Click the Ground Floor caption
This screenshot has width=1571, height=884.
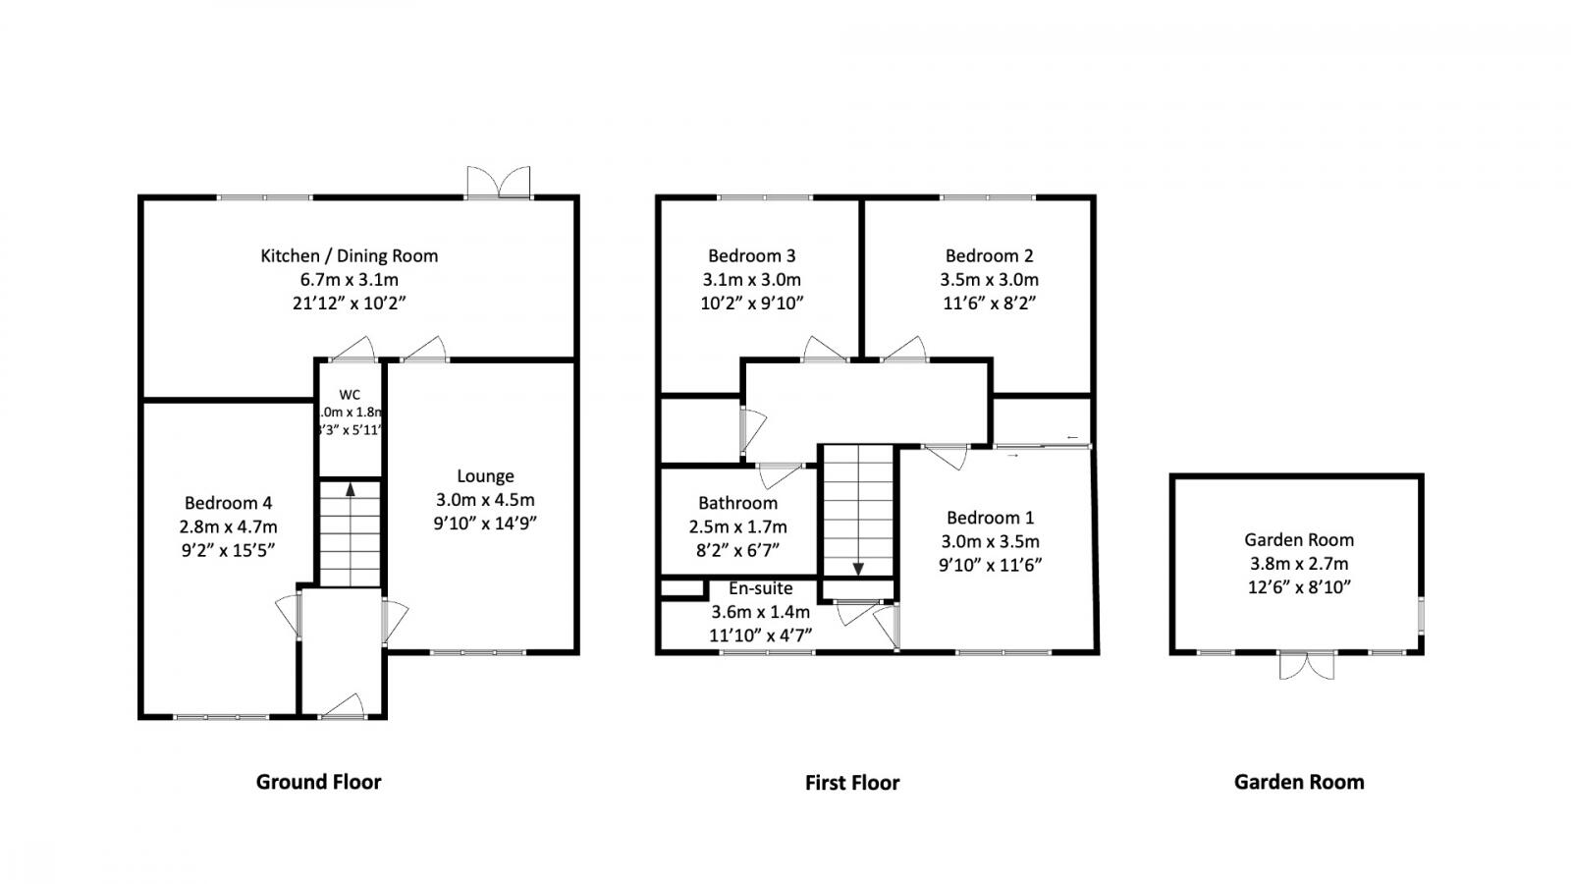coord(318,782)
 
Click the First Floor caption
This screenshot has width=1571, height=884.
coord(851,783)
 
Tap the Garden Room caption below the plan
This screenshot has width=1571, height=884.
coord(1298,782)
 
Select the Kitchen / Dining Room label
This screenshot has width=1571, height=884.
coord(349,255)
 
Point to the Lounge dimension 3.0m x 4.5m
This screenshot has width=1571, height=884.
coord(485,500)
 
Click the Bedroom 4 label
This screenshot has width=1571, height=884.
coord(227,503)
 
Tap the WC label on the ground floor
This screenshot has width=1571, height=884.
coord(350,395)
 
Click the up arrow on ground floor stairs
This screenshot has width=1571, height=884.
coord(350,490)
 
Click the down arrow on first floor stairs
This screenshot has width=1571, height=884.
coord(858,567)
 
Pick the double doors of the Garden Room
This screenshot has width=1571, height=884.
coord(1307,667)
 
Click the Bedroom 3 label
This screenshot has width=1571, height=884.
coord(751,255)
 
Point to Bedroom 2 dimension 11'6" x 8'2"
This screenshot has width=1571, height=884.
coord(989,303)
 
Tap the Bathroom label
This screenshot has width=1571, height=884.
coord(737,503)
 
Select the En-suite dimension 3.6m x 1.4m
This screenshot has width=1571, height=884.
coord(761,612)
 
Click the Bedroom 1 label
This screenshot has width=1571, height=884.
coord(990,518)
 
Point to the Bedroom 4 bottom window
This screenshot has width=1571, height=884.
coord(221,717)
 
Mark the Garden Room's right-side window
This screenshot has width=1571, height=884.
coord(1421,613)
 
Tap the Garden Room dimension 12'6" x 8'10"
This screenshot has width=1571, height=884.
coord(1298,587)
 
